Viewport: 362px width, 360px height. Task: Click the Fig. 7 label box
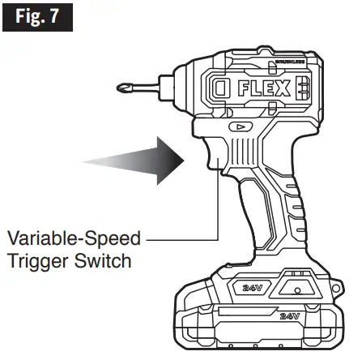click(x=37, y=17)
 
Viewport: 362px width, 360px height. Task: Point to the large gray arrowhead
click(x=166, y=156)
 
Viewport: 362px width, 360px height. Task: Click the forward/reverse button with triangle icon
click(x=240, y=127)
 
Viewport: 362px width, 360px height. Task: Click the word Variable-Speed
click(x=74, y=239)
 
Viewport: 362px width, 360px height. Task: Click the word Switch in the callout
click(x=108, y=264)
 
